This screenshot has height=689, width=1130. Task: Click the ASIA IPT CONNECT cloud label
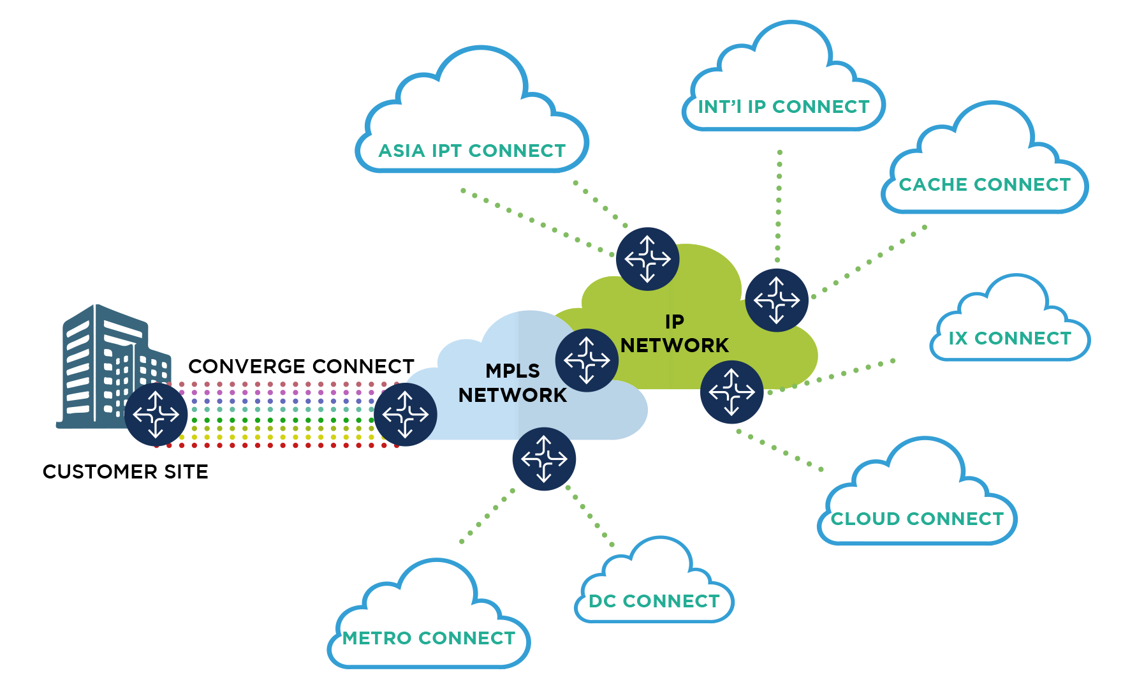(x=472, y=151)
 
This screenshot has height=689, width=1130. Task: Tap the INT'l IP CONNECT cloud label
(x=784, y=107)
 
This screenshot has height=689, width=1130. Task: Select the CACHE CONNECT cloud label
(x=985, y=184)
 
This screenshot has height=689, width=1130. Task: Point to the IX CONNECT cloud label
(x=1010, y=338)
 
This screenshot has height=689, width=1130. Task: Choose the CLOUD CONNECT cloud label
(x=917, y=519)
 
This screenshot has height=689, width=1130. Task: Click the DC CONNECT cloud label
(x=654, y=601)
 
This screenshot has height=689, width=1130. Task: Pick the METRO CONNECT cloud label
(x=429, y=638)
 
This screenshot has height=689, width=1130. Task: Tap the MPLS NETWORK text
(x=513, y=383)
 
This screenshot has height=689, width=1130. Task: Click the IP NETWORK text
(x=675, y=334)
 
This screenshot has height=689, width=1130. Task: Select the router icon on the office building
(x=156, y=415)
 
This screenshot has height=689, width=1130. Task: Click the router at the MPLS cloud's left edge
(x=406, y=415)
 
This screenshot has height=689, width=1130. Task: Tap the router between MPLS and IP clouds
(x=587, y=360)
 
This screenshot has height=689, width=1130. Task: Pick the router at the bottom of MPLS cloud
(x=544, y=459)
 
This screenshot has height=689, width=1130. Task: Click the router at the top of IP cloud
(x=647, y=259)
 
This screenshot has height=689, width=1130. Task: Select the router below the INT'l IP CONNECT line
(x=777, y=300)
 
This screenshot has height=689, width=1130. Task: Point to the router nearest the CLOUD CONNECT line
(x=731, y=392)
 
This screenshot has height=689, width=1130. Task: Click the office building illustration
(x=102, y=357)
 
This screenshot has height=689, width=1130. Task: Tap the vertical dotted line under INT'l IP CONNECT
(x=779, y=204)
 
